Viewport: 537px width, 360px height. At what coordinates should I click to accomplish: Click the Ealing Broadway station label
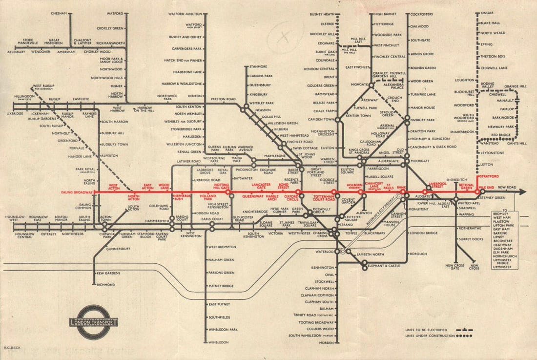[x=77, y=192]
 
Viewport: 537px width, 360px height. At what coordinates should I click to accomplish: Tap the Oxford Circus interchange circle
[x=298, y=192]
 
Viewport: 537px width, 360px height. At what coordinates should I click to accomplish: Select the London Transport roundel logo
[x=94, y=322]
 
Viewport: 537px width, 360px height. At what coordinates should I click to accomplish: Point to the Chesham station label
[x=59, y=13]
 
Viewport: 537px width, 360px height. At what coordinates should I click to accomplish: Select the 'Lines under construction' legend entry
[x=430, y=336]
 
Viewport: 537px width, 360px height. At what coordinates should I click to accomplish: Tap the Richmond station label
[x=106, y=284]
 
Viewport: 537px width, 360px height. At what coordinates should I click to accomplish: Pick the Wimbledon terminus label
[x=218, y=342]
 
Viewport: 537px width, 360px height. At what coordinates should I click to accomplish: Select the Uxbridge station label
[x=15, y=113]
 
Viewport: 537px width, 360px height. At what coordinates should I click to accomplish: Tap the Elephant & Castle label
[x=385, y=266]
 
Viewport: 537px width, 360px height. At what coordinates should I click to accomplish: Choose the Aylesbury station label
[x=16, y=51]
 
